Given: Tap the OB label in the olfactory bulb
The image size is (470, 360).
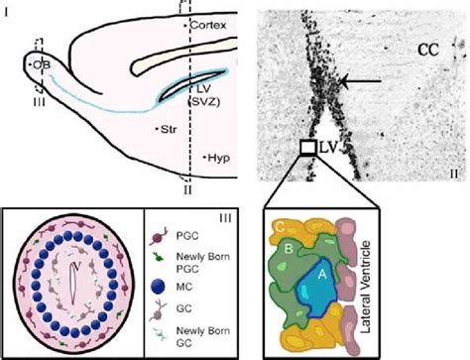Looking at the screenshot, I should point(41,63).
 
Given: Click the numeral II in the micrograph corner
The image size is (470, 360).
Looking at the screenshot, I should point(452,171).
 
